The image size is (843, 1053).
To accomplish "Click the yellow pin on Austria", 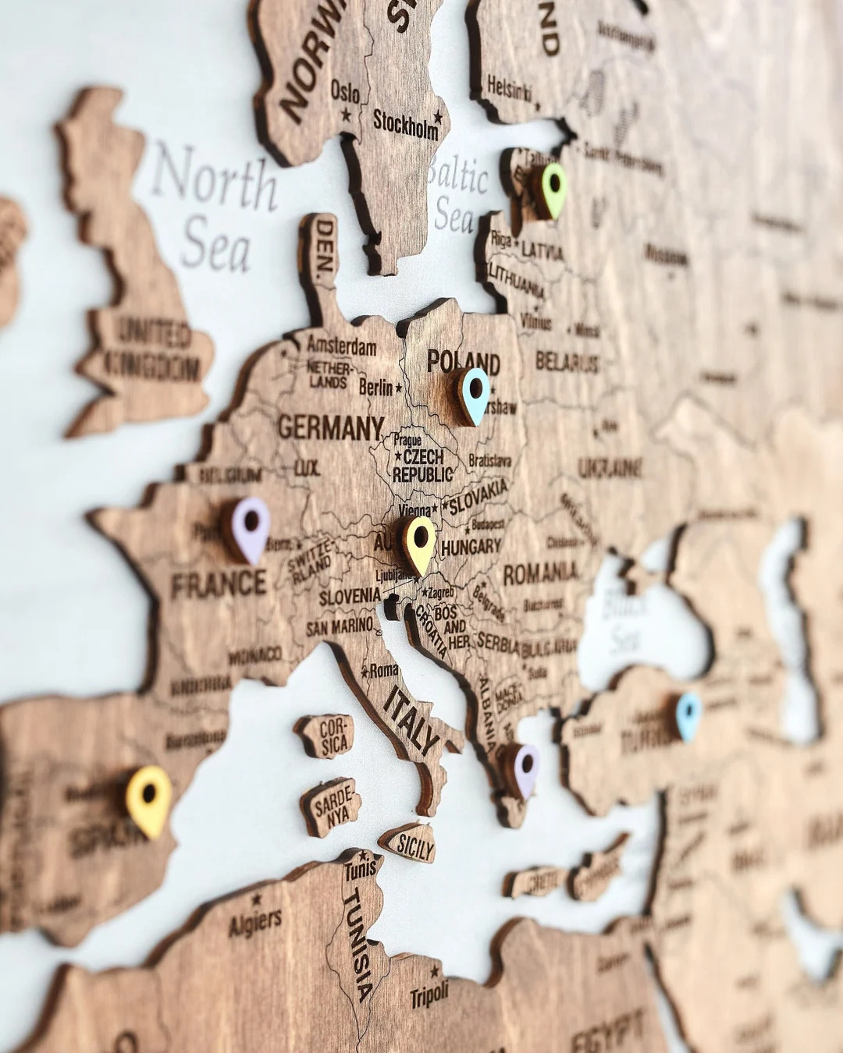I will pyautogui.click(x=420, y=542).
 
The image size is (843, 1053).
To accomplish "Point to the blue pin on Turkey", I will pyautogui.click(x=688, y=714).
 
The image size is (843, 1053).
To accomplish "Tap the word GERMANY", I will pyautogui.click(x=330, y=427).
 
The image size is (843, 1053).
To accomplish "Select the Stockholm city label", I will pyautogui.click(x=406, y=123).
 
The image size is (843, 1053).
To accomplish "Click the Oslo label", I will pyautogui.click(x=345, y=91).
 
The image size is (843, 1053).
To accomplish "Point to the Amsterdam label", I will pyautogui.click(x=341, y=345).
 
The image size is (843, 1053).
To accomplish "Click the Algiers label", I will pyautogui.click(x=254, y=922).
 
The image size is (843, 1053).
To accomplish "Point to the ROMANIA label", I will pyautogui.click(x=540, y=574).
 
